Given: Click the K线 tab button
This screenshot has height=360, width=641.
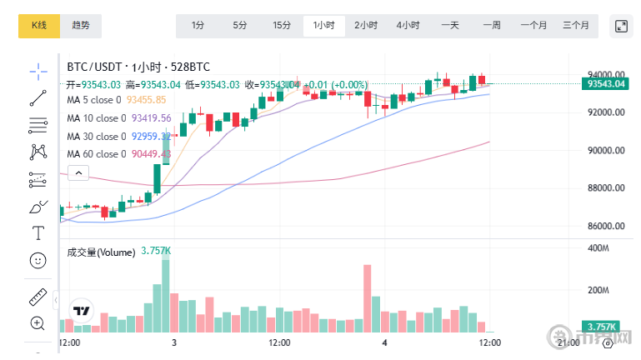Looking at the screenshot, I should (39, 26).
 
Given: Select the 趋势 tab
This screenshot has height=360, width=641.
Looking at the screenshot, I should (81, 26).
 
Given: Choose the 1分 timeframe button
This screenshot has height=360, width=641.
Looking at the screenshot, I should (198, 26).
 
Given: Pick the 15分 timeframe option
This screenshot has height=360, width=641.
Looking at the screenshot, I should (282, 26).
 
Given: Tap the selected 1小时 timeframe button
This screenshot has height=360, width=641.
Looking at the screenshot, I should (323, 26).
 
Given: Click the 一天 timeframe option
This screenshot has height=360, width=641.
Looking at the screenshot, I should (450, 26).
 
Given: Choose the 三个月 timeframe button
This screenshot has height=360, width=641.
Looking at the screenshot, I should (576, 26).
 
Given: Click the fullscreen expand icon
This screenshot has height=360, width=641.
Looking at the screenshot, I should (621, 26).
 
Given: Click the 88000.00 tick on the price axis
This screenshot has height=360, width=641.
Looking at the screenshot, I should (606, 188).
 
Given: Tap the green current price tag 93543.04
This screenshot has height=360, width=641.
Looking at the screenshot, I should (606, 83).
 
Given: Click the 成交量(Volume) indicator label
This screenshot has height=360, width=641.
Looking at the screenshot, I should (101, 252).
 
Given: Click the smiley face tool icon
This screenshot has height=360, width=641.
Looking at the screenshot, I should (38, 261).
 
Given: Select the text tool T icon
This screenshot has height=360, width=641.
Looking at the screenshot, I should (38, 232).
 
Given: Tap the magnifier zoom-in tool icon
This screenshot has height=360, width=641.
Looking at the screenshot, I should (38, 322).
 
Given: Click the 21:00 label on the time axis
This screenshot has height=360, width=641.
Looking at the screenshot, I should (568, 342).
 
